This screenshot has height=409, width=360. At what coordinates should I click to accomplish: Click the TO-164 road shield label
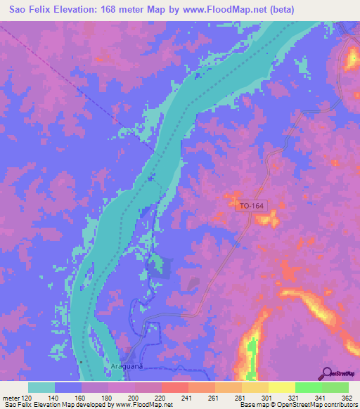(251, 206)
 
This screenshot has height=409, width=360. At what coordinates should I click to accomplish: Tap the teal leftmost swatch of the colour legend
(41, 387)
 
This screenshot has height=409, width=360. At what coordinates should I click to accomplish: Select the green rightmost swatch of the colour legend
(335, 387)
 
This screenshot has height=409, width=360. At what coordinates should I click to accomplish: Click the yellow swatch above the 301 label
(255, 387)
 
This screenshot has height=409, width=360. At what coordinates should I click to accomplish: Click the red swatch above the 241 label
(174, 387)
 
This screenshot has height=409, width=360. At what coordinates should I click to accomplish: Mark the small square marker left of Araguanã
(82, 362)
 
